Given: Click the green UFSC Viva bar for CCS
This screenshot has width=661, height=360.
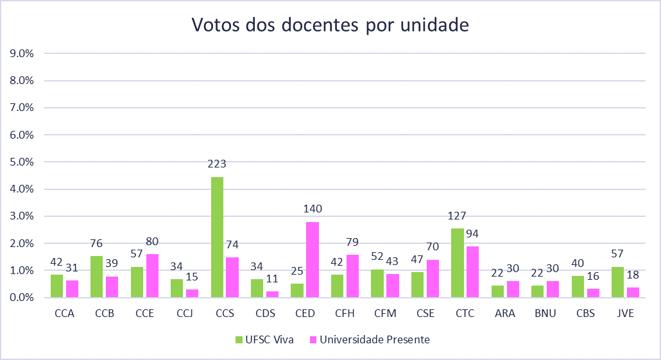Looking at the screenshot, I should (218, 237).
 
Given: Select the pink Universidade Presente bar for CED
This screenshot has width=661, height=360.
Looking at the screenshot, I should (313, 260).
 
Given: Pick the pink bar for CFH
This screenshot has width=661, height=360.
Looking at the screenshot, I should (353, 276).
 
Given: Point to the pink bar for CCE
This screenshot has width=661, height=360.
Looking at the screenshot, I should (152, 276).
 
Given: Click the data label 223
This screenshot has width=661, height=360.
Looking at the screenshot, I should (218, 164).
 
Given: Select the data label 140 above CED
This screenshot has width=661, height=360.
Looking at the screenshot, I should (313, 209).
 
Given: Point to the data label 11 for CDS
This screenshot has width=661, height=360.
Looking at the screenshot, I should (273, 279).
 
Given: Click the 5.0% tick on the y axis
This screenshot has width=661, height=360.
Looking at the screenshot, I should (22, 162).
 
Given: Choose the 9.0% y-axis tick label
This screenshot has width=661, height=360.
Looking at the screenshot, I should (22, 53).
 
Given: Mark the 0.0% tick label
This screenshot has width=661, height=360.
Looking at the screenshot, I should (22, 298).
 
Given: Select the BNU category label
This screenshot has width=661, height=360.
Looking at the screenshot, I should (545, 314).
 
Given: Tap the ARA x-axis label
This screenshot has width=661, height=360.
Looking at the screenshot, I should (506, 314).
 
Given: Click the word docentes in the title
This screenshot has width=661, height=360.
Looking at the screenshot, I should (302, 26).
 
